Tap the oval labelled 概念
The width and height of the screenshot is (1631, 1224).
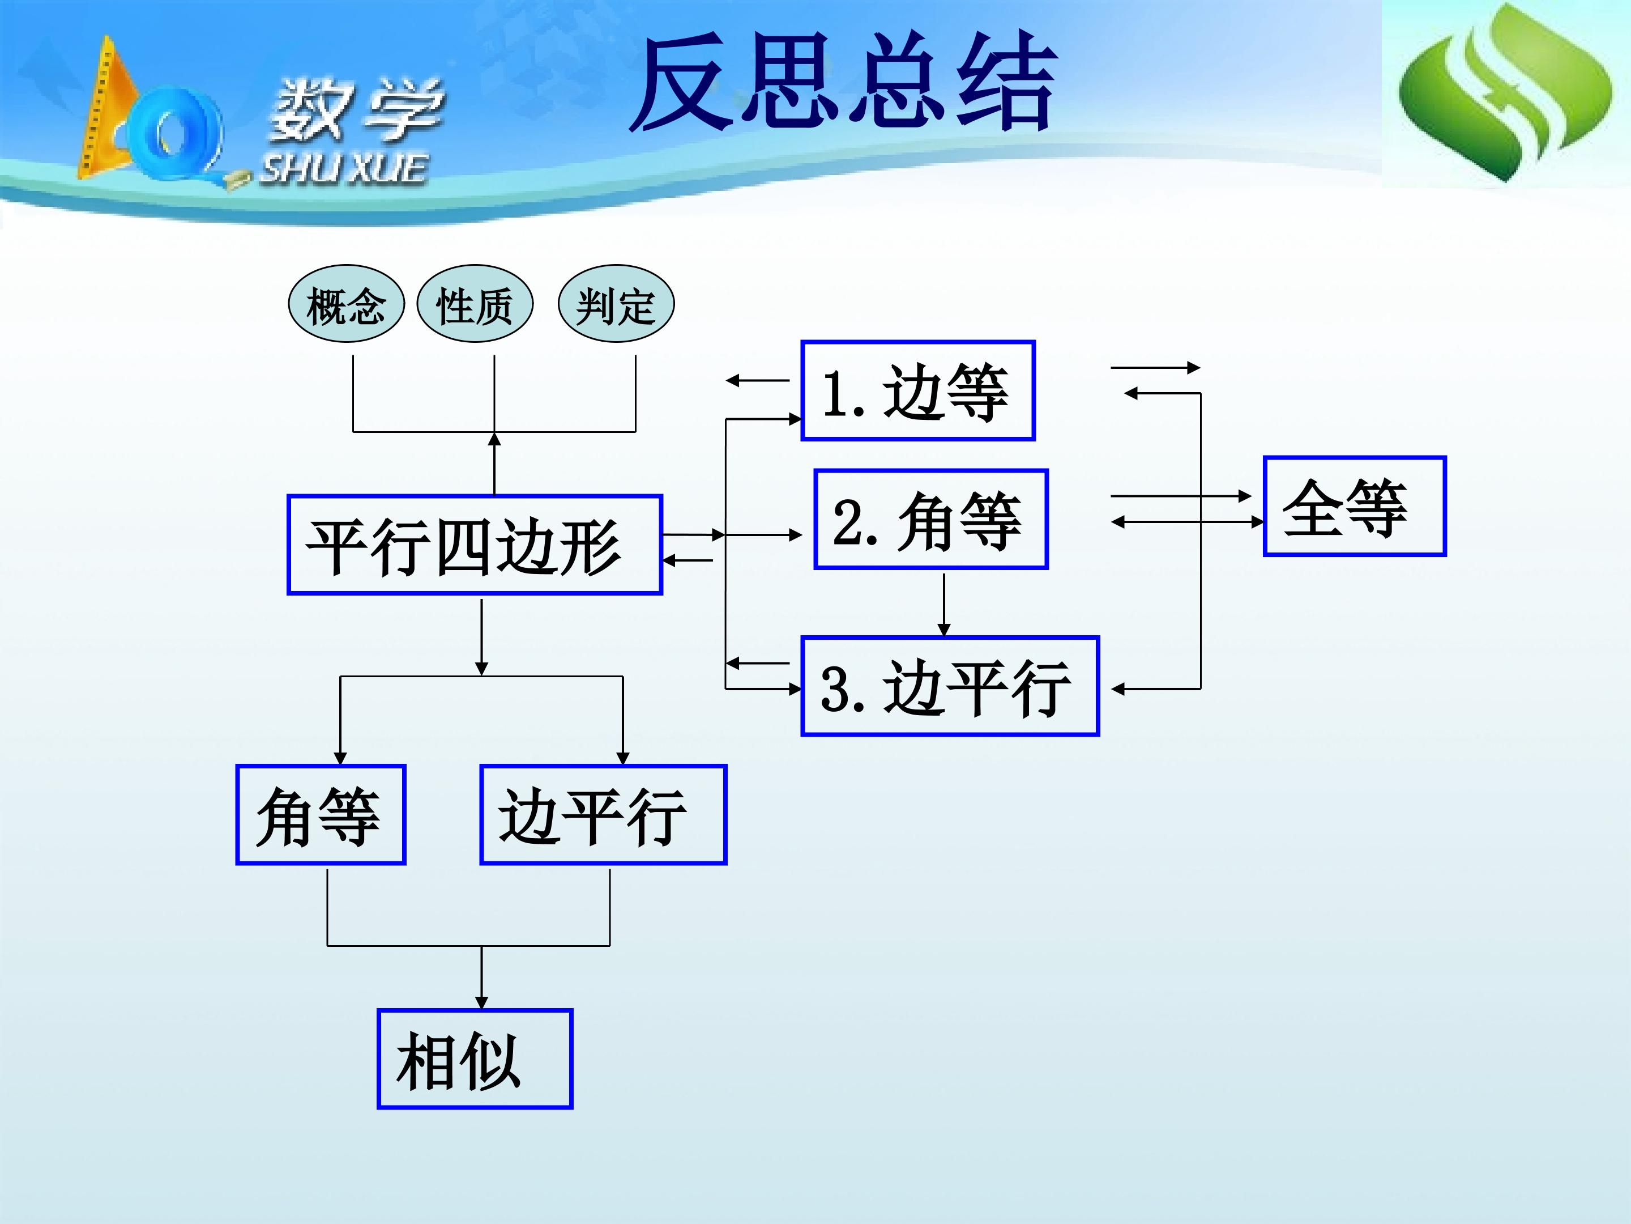coord(346,304)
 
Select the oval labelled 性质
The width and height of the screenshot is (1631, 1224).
coord(475,304)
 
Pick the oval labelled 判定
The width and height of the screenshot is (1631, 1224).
coord(616,304)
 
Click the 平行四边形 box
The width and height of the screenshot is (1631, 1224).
coord(474,545)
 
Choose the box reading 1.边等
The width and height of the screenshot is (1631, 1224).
coord(917,391)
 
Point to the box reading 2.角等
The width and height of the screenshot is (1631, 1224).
coord(930,520)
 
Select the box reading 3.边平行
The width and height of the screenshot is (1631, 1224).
coord(950,686)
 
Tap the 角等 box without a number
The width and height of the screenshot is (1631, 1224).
coord(321,814)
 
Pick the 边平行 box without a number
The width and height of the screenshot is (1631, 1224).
coord(603,814)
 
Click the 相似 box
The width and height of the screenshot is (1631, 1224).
coord(474,1059)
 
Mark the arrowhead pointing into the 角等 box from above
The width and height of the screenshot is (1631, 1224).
coord(340,758)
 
